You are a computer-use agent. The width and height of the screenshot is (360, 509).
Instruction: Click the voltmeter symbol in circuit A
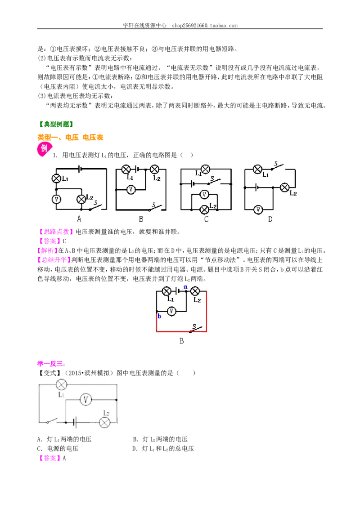57,199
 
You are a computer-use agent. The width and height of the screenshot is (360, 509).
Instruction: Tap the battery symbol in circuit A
80,169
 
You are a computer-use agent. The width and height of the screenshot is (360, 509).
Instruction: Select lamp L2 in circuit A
81,199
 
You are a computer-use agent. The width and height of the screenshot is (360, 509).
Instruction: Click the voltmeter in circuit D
258,210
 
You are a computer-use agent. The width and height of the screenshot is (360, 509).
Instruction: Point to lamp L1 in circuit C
205,169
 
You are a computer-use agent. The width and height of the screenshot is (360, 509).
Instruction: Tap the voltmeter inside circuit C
204,194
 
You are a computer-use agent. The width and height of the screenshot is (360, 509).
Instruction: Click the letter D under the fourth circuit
270,219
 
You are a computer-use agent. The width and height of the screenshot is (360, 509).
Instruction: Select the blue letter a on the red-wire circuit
185,287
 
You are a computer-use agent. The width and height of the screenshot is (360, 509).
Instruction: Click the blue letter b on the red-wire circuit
159,316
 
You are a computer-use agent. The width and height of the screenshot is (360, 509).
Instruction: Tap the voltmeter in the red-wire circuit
171,311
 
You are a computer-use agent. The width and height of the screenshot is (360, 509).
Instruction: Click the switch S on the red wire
197,329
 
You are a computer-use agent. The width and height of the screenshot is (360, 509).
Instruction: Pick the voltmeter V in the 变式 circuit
85,400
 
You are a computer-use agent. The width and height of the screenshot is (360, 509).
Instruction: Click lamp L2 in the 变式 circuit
104,422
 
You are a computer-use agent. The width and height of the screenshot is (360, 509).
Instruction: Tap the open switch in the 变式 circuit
52,421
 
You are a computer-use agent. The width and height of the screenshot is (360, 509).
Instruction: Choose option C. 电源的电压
58,449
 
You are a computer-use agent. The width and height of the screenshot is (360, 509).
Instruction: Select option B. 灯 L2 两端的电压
160,439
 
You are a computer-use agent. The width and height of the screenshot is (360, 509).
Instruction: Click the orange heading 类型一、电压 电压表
70,137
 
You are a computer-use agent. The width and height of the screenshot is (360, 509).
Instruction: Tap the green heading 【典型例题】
55,125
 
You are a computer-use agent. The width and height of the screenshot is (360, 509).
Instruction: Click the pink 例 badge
44,149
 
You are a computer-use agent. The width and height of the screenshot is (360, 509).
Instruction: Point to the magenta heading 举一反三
51,364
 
